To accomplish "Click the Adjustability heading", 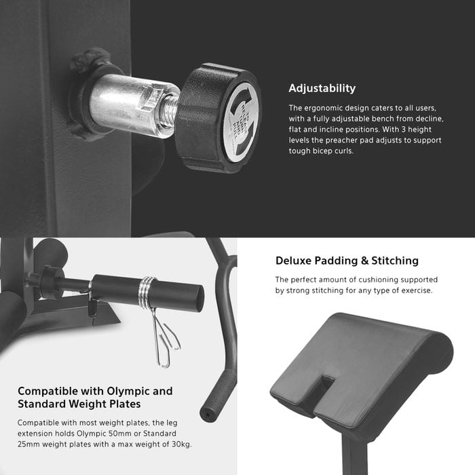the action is tap(322, 88).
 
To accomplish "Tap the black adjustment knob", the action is tap(218, 118).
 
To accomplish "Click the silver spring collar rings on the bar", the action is tap(147, 292).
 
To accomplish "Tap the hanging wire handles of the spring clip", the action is tap(166, 339).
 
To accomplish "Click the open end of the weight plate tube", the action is tap(199, 298).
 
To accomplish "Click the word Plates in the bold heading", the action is tap(125, 404).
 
